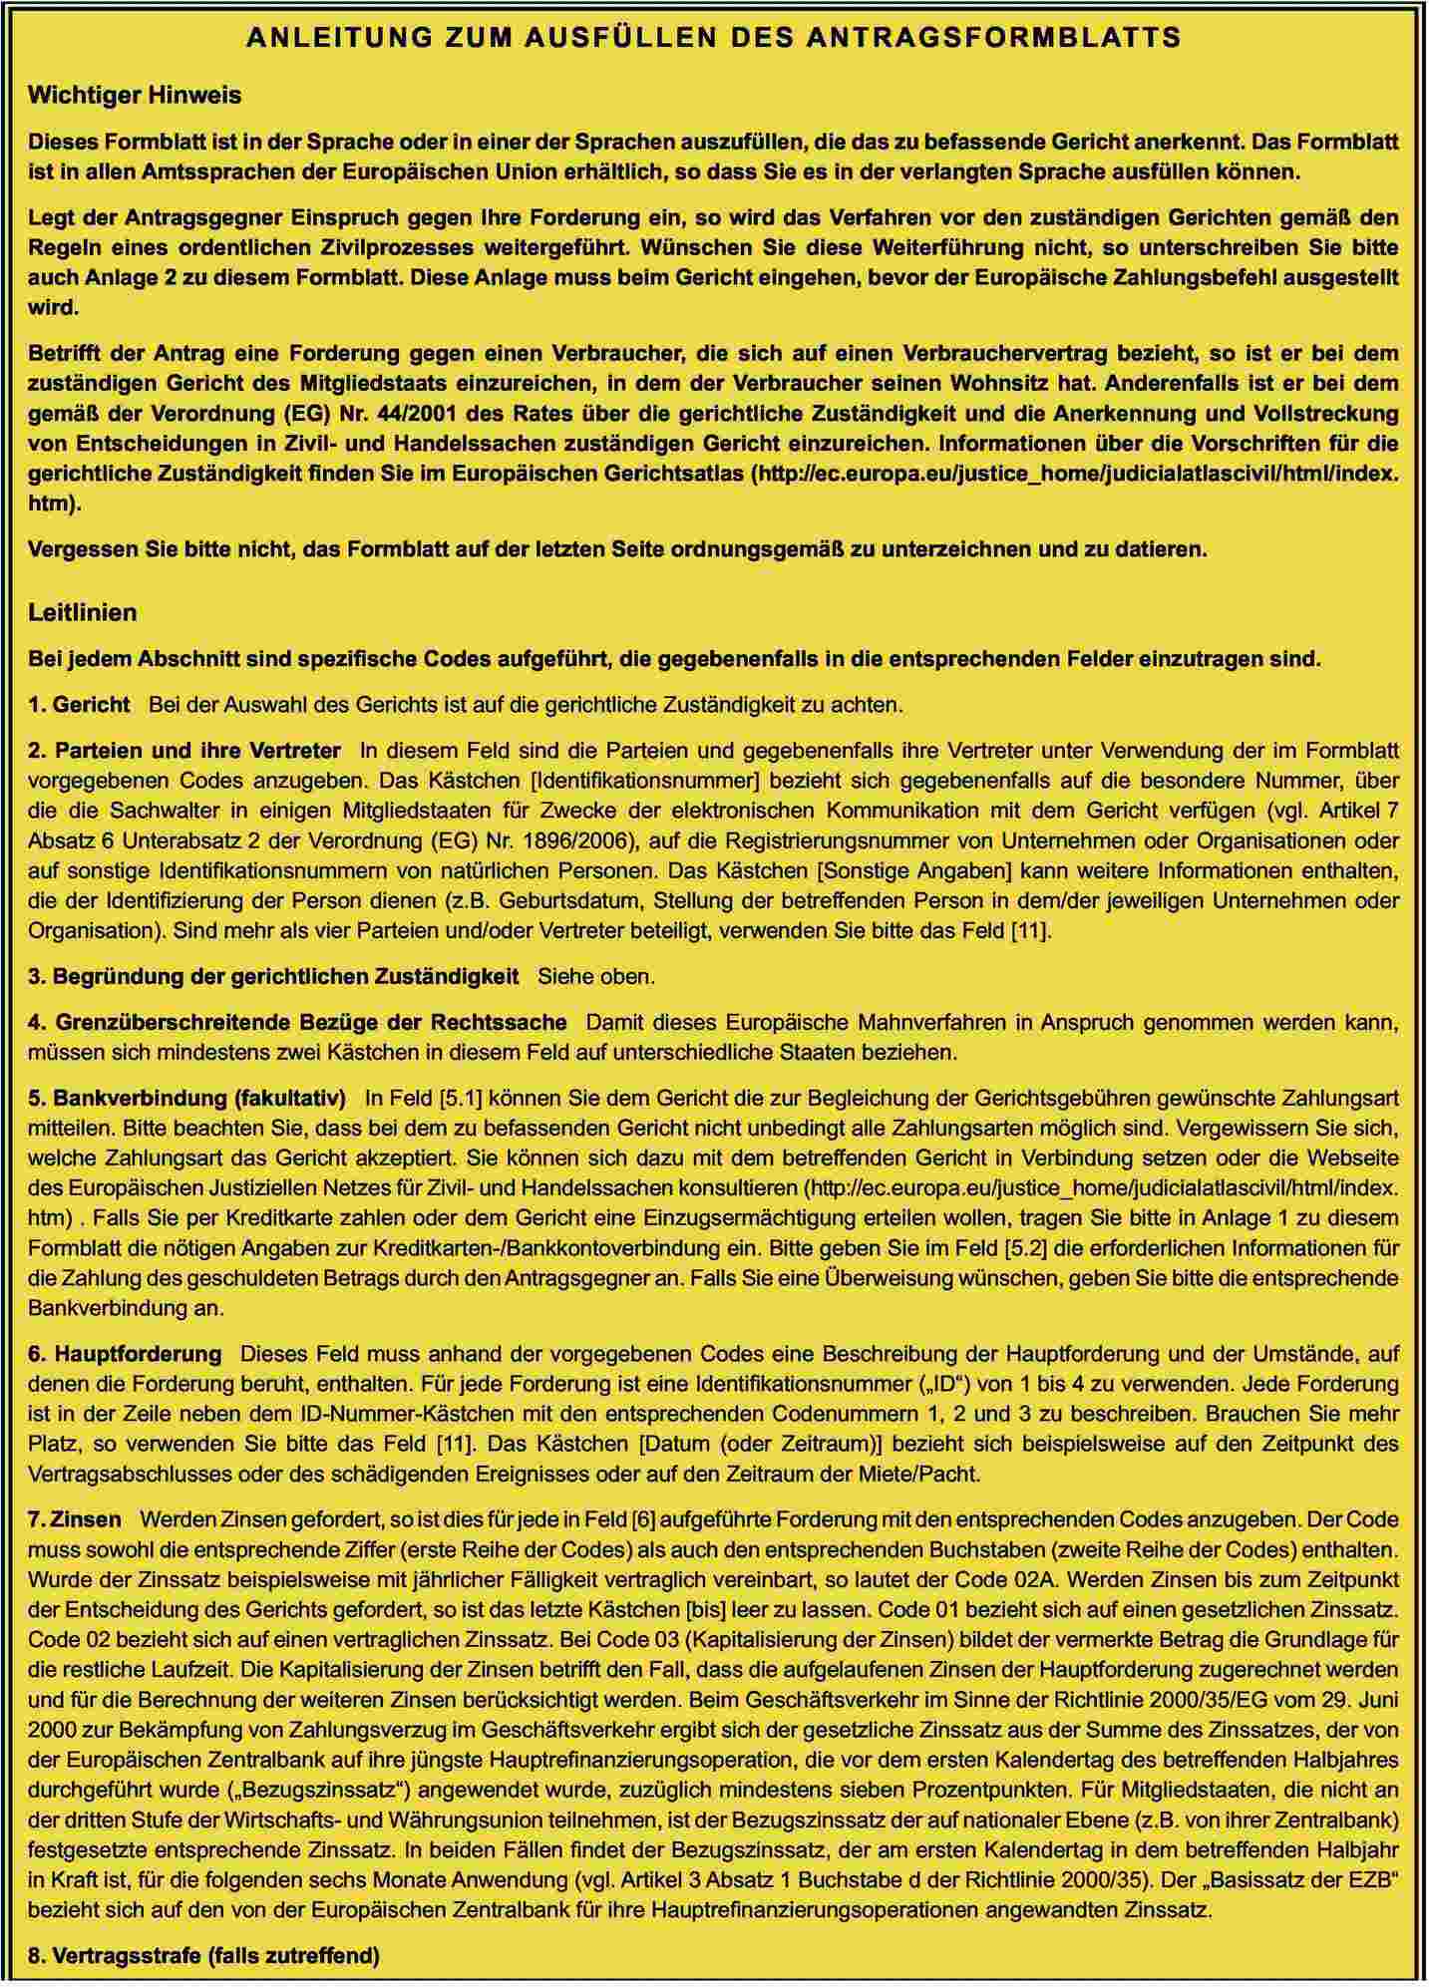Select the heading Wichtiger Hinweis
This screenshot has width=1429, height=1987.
pos(135,96)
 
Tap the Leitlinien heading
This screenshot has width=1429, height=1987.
pos(83,612)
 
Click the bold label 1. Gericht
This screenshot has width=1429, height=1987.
pos(80,705)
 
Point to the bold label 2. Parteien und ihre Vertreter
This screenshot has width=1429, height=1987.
pos(184,750)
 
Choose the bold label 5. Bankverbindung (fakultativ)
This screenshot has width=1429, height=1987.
pos(187,1098)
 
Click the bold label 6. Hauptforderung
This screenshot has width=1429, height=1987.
pos(125,1353)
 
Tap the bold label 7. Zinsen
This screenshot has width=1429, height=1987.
pos(75,1519)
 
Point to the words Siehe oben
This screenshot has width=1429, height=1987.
pos(596,976)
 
